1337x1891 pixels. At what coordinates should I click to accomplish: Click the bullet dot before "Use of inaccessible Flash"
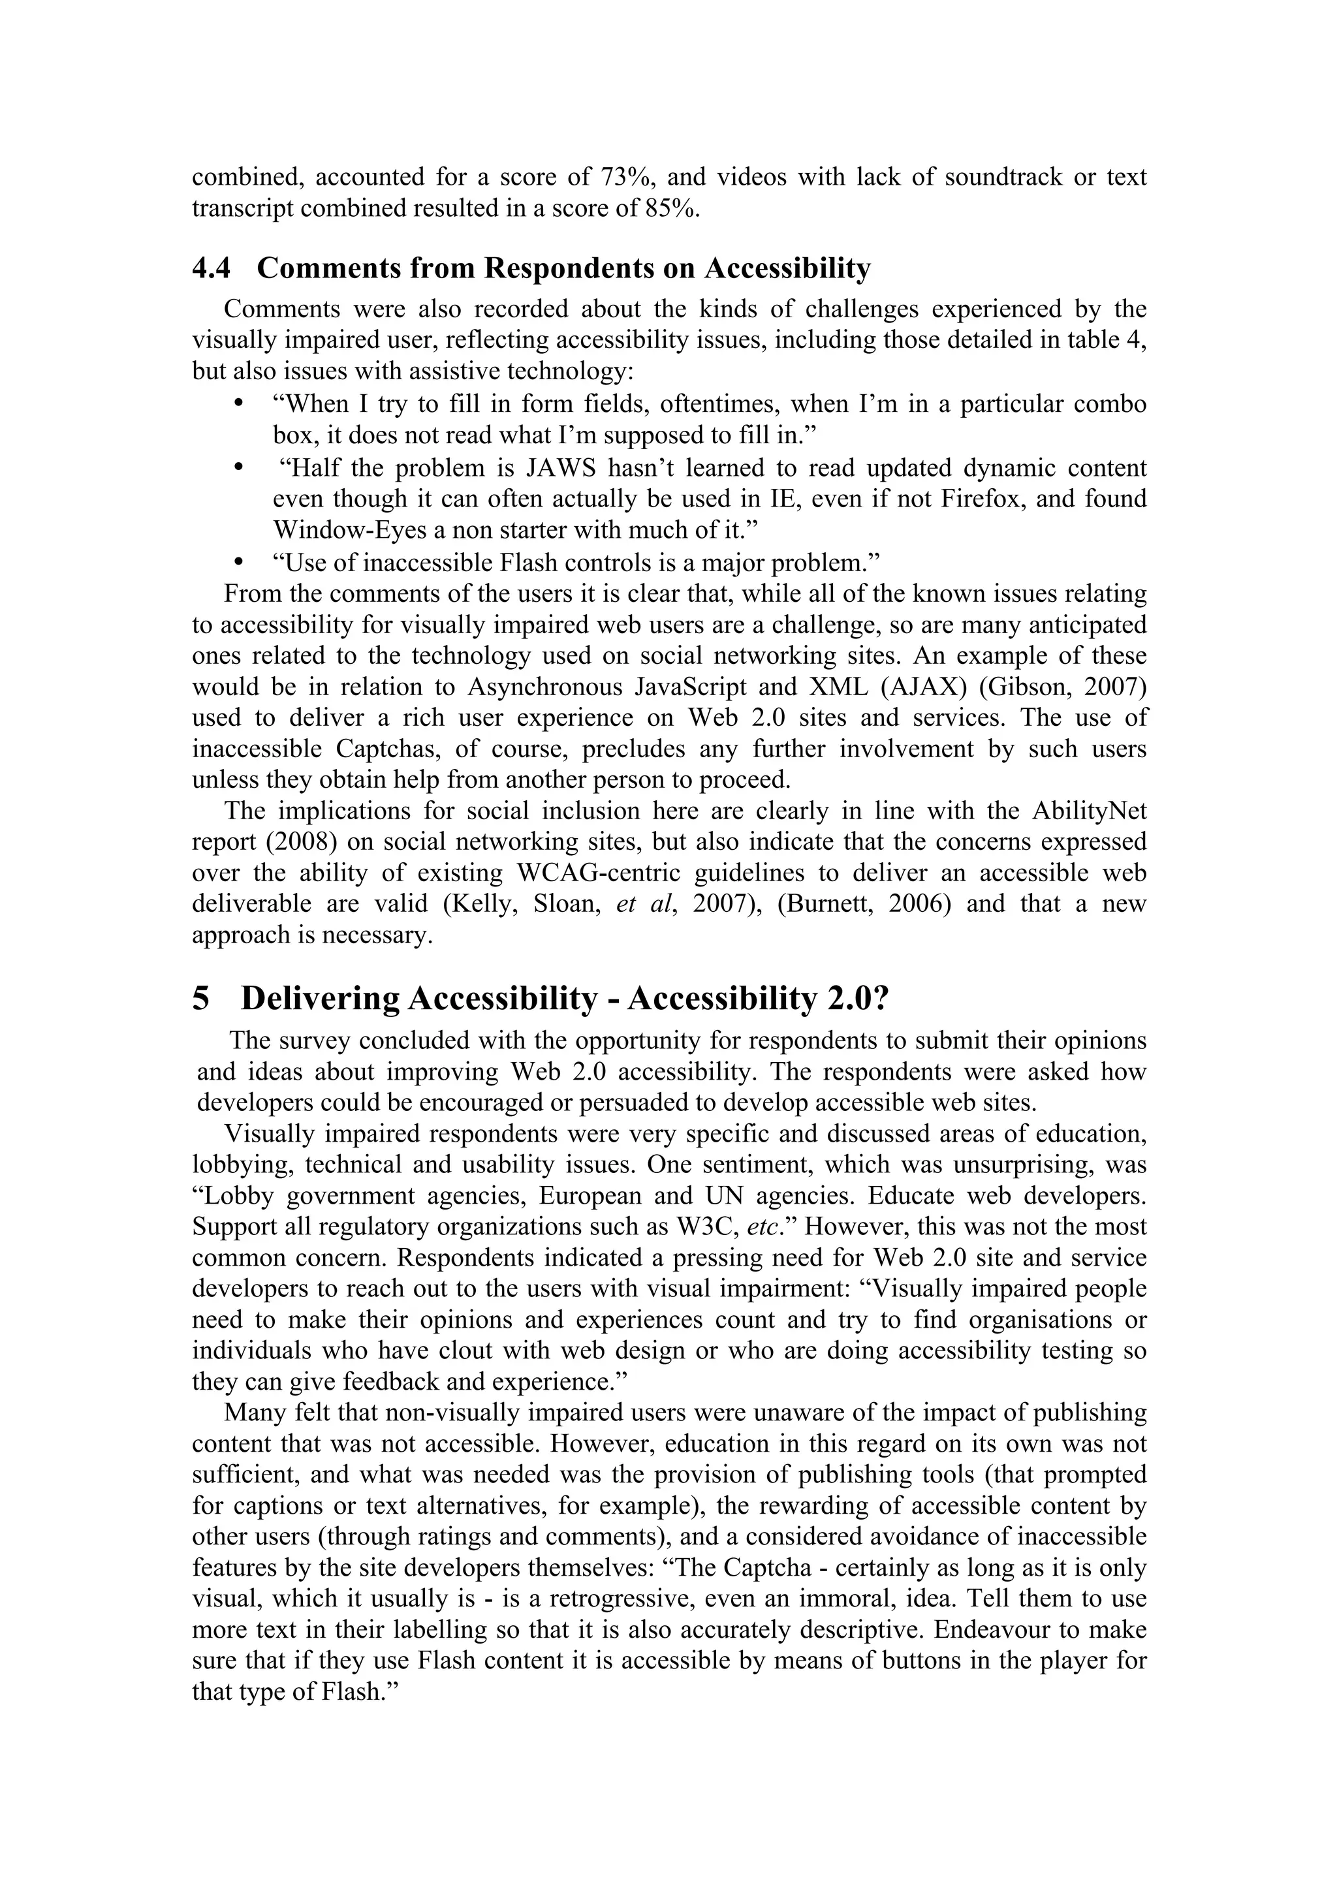point(239,562)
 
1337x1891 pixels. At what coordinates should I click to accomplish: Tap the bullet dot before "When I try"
point(239,403)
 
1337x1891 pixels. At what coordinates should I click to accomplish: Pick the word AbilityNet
point(1088,811)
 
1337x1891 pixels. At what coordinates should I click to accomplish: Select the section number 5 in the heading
point(201,999)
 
